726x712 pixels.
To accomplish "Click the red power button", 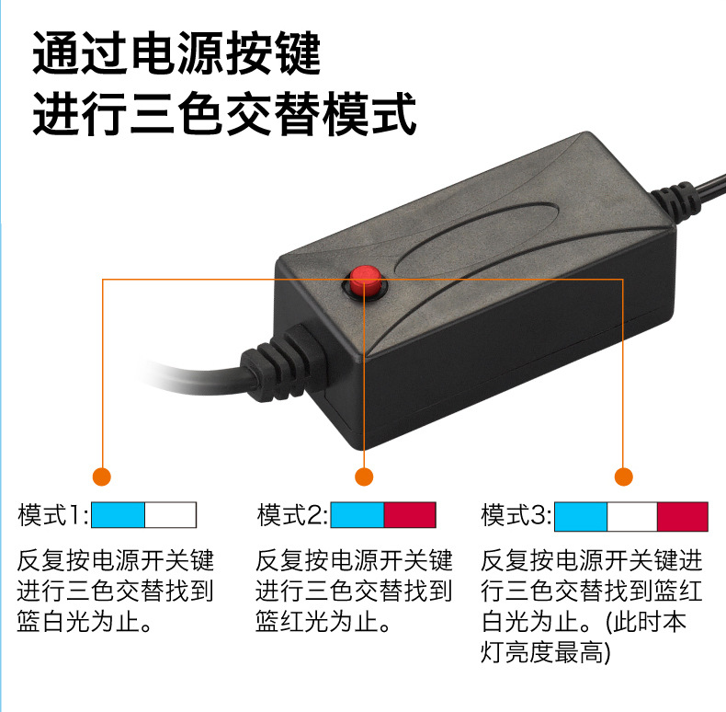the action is tap(365, 281).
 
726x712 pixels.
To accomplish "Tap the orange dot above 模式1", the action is tap(102, 477).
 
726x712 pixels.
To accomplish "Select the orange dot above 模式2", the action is tap(364, 477).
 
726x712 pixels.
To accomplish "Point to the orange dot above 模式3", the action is tap(624, 477).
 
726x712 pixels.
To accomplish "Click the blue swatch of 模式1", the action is tap(118, 515).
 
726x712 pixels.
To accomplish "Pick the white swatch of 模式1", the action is tap(170, 515).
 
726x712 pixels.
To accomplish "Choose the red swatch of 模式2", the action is tap(410, 515).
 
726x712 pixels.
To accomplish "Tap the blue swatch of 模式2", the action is tap(357, 515).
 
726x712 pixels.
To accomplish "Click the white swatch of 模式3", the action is tap(632, 516).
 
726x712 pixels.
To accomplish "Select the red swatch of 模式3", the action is tap(683, 516).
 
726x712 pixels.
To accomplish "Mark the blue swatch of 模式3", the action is tap(581, 516).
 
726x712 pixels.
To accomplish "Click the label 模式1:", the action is tap(52, 515).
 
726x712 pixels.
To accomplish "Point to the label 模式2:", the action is tap(292, 515).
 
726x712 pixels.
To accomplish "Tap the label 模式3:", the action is tap(516, 515).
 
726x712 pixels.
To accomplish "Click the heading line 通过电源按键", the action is tap(176, 52).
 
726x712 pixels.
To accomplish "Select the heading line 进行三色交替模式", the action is tap(224, 113).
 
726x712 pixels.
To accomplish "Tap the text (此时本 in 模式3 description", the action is tap(645, 622).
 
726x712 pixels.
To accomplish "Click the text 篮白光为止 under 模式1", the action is tap(84, 622).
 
